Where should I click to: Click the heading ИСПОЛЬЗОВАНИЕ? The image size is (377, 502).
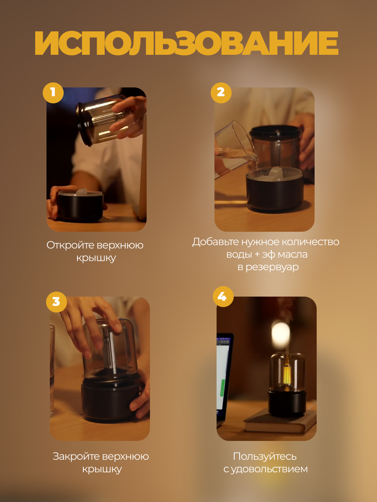point(186,43)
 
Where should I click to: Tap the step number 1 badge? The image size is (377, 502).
point(53,92)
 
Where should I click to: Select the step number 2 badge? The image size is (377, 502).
point(221,92)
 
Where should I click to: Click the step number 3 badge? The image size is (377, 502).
point(57,302)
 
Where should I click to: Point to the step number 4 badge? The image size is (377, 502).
point(223,297)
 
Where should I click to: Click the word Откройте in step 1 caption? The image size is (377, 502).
point(70,245)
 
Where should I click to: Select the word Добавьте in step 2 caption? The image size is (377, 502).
point(216,242)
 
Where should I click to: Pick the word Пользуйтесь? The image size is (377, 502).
point(265,456)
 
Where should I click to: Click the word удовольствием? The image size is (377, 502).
point(269,469)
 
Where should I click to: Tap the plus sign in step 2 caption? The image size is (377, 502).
point(255,255)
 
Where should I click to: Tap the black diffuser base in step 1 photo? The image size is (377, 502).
point(80,206)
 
